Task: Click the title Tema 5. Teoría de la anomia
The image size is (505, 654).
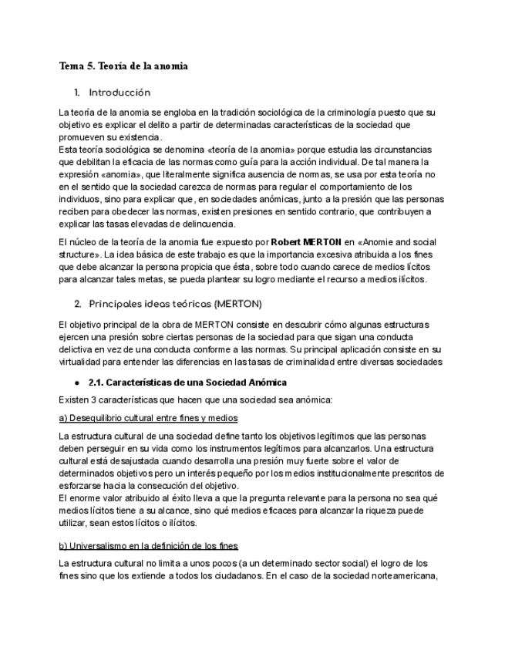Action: click(x=123, y=66)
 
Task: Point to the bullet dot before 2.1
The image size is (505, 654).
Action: click(x=77, y=383)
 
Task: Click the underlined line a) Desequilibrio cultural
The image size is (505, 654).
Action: click(x=148, y=417)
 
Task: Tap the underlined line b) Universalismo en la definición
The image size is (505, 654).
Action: click(x=149, y=546)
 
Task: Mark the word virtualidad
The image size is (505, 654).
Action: click(x=82, y=361)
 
